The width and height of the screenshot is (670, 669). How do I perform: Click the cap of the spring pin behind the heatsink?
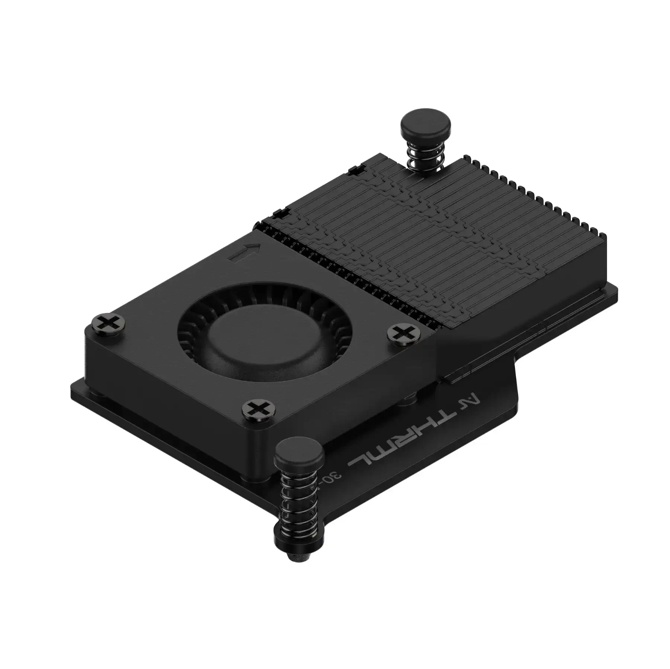(x=425, y=126)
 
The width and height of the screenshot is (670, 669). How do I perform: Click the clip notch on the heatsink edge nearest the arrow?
(x=282, y=214)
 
